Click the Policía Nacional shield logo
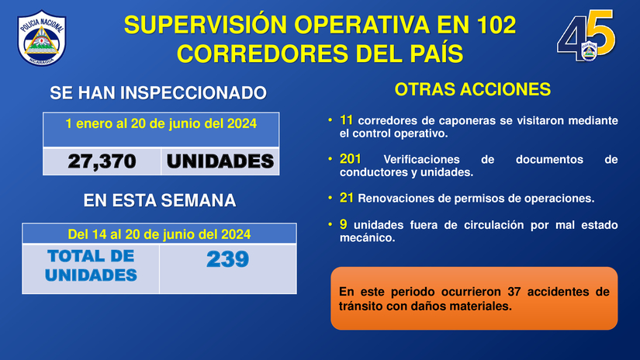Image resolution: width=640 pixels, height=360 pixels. point(42,38)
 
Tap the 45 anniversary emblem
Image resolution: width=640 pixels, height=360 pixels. point(586,36)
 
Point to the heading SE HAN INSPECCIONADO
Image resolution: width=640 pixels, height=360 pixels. point(158,93)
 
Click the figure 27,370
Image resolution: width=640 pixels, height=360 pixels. point(102,161)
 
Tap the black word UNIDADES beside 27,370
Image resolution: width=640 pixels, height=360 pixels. point(220,161)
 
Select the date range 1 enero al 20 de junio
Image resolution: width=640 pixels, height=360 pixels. point(161,123)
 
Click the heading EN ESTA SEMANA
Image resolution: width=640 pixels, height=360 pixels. point(160,200)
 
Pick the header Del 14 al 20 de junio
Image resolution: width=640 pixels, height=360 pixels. point(159,234)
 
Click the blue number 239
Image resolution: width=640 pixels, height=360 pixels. point(228,259)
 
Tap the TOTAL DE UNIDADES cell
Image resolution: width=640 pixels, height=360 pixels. point(91,265)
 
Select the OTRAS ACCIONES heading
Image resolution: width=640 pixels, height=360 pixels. point(472,89)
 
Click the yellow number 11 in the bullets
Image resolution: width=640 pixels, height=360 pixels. point(346,120)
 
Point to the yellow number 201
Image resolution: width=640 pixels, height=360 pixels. point(350,159)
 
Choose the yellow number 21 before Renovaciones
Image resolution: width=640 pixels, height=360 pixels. point(347,198)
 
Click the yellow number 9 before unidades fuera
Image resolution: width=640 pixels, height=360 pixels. point(343,224)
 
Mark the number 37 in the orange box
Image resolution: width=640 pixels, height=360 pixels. point(514,292)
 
